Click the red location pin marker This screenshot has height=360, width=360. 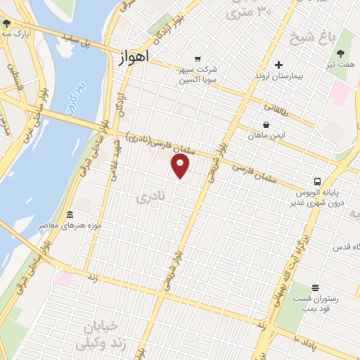click(181, 166)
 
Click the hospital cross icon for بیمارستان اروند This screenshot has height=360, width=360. click(279, 65)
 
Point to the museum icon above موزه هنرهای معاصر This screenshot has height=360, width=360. click(70, 214)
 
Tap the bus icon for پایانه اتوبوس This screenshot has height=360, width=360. click(318, 180)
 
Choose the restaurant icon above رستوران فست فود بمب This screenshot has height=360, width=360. click(314, 287)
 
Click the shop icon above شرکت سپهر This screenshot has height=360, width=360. click(198, 58)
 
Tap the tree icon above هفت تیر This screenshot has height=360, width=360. click(341, 53)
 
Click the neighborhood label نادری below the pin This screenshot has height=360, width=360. click(150, 200)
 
